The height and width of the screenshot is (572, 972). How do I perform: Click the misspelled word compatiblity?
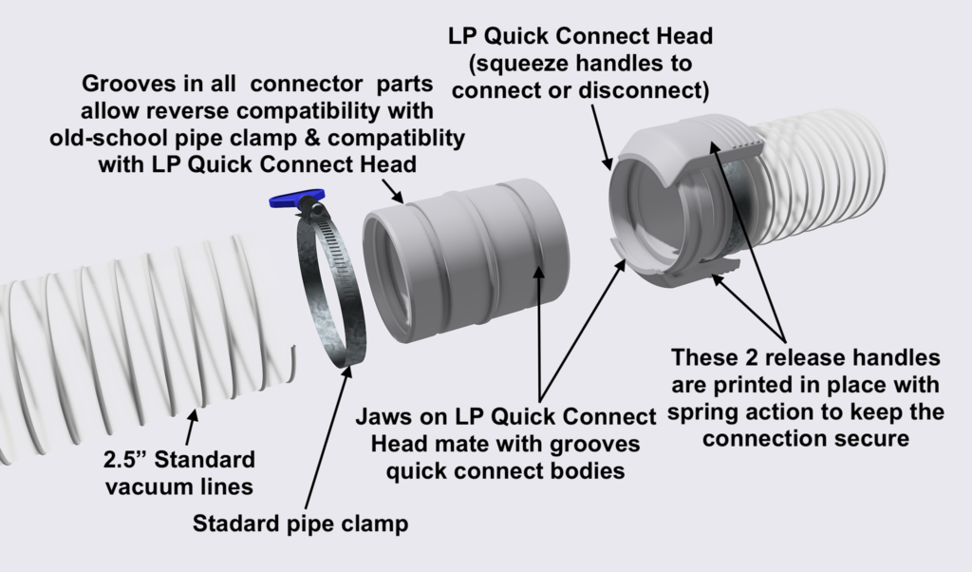396,137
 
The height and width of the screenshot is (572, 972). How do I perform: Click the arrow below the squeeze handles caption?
601,135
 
